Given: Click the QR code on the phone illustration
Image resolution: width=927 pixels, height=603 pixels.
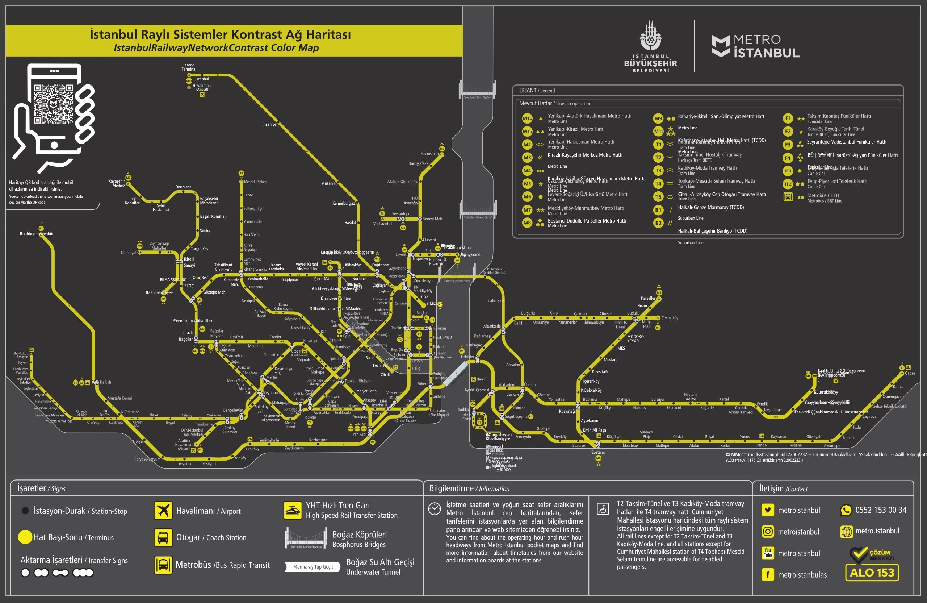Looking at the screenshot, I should pyautogui.click(x=53, y=104).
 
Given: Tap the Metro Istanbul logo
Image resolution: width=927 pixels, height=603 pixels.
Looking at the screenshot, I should pyautogui.click(x=755, y=46).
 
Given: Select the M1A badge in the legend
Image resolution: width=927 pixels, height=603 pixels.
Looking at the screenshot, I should pyautogui.click(x=527, y=118).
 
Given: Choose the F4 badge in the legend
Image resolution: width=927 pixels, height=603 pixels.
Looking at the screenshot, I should pyautogui.click(x=788, y=158).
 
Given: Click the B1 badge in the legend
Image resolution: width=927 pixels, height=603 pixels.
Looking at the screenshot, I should pyautogui.click(x=658, y=210).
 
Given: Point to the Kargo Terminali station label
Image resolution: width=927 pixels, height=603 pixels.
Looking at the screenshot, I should pyautogui.click(x=189, y=67).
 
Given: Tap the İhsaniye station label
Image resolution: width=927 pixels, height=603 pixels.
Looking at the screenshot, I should pyautogui.click(x=269, y=124).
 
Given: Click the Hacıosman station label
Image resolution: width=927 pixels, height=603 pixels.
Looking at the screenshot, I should pyautogui.click(x=429, y=154).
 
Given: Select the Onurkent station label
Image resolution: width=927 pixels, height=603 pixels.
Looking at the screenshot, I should pyautogui.click(x=183, y=187).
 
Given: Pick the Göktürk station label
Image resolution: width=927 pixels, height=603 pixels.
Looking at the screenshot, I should pyautogui.click(x=329, y=184).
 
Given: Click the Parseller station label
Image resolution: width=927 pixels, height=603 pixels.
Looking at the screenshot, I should pyautogui.click(x=648, y=298).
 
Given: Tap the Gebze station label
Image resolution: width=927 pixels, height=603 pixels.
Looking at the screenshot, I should pyautogui.click(x=910, y=373).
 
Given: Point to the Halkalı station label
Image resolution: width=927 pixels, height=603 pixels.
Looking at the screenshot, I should pyautogui.click(x=105, y=382).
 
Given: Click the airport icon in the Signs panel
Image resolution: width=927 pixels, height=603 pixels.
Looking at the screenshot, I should pyautogui.click(x=163, y=510).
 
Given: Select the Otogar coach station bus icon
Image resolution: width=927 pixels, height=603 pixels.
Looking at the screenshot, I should pyautogui.click(x=163, y=537).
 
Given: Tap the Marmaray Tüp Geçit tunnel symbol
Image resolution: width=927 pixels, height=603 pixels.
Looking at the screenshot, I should pyautogui.click(x=313, y=567).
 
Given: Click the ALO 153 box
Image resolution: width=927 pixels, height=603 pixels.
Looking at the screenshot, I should pyautogui.click(x=872, y=573).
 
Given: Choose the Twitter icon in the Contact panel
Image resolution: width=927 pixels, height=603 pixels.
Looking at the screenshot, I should pyautogui.click(x=768, y=510).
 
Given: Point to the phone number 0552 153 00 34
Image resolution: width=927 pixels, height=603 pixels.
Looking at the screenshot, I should pyautogui.click(x=881, y=510).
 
